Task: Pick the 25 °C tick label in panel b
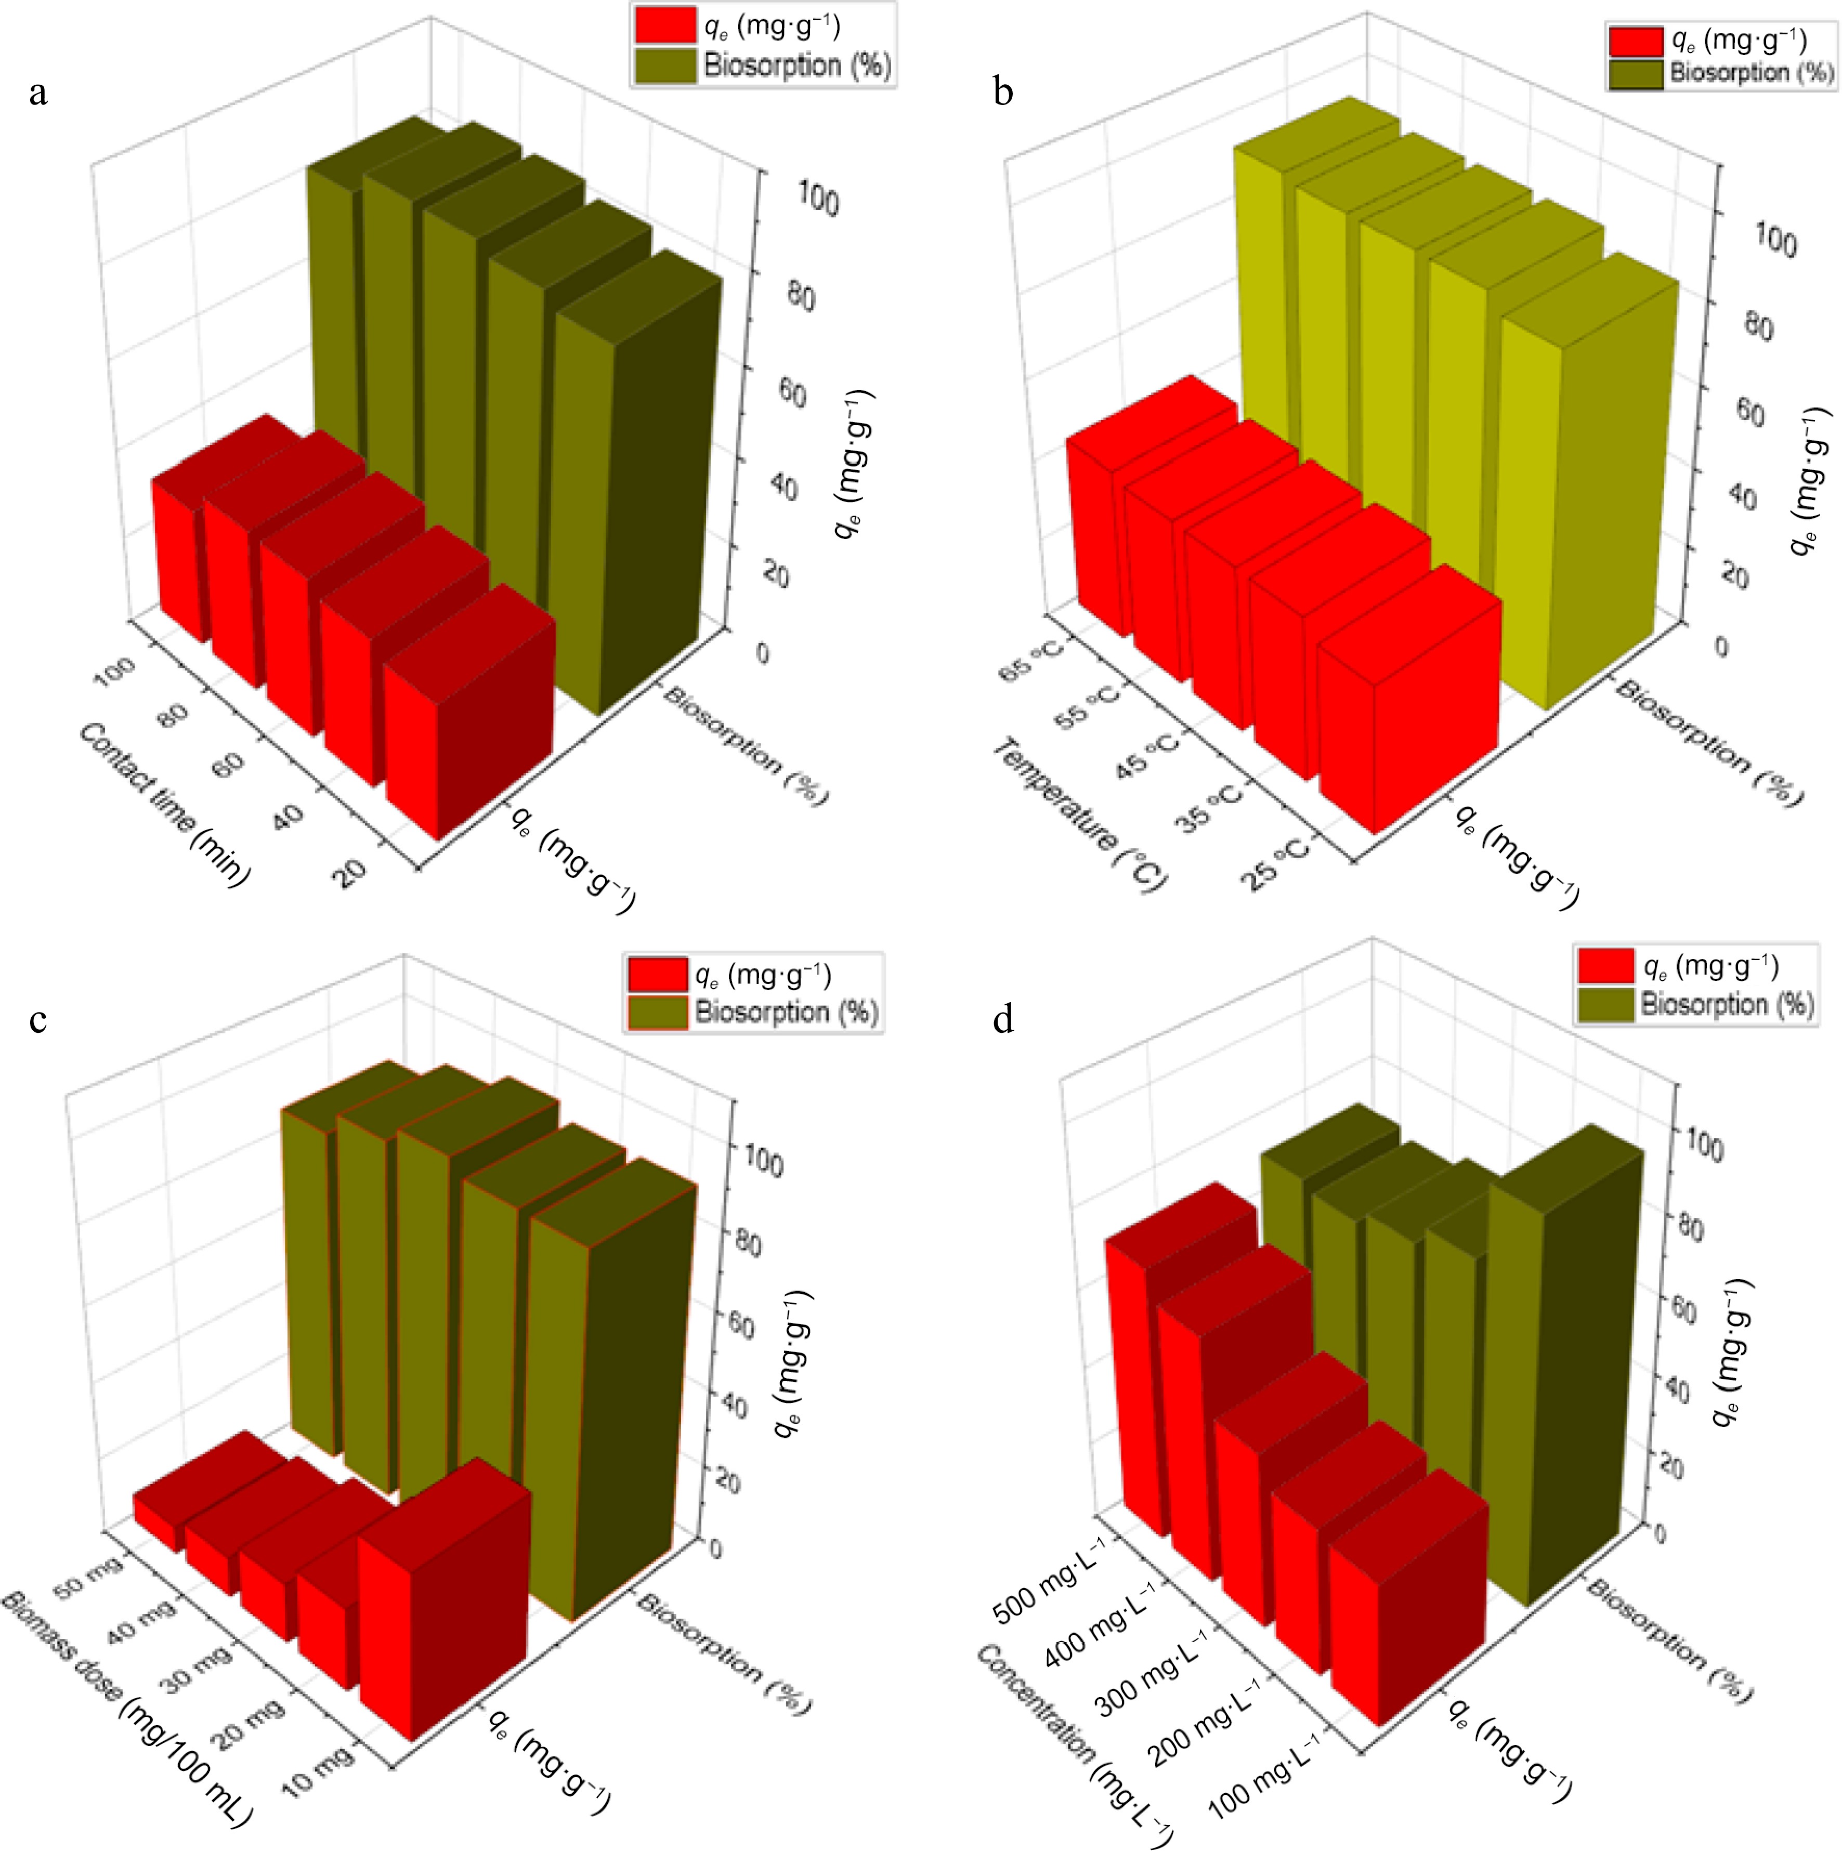click(x=1277, y=860)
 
